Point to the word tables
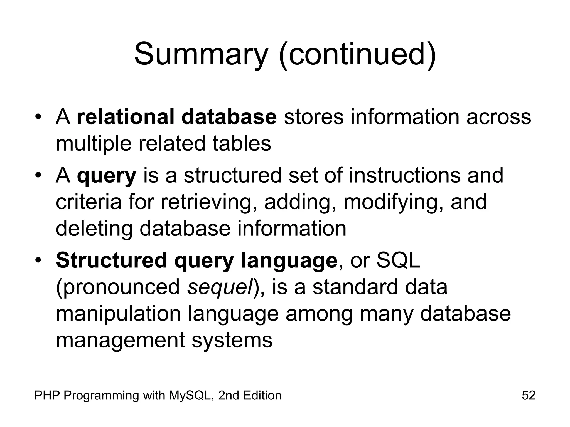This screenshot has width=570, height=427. pos(242,143)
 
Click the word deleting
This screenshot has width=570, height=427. pos(94,229)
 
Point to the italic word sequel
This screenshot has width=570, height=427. pos(220,287)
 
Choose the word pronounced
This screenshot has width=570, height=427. pos(118,287)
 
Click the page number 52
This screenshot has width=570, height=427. pos(529,395)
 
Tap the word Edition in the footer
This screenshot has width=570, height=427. pos(262,395)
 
